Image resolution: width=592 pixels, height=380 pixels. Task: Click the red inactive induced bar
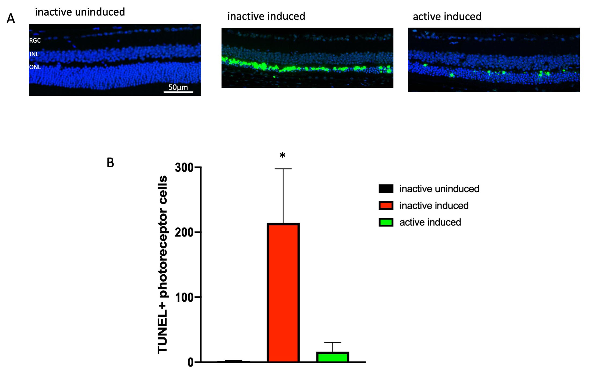tap(283, 292)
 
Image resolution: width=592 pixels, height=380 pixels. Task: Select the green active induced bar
tap(332, 357)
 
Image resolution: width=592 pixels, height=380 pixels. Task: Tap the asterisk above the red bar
tap(282, 155)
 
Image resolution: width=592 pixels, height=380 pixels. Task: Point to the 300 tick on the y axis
tap(184, 167)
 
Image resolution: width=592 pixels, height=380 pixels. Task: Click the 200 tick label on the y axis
tap(184, 232)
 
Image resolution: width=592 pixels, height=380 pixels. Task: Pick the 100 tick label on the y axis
tap(184, 297)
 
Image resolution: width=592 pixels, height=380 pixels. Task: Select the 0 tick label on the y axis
tap(190, 362)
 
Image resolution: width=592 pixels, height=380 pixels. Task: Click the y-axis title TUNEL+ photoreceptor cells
tap(163, 264)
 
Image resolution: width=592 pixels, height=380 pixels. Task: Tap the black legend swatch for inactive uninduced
tap(386, 189)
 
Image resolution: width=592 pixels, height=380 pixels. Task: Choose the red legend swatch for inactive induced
tap(386, 205)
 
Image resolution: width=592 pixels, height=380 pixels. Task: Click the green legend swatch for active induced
tap(386, 222)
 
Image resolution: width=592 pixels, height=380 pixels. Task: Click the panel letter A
tap(11, 19)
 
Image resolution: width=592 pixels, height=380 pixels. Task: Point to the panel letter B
tap(110, 163)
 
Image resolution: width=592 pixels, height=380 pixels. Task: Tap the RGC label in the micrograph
tap(35, 40)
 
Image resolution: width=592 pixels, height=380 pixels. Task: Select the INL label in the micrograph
tap(34, 54)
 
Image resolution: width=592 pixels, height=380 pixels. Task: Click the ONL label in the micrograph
tap(35, 67)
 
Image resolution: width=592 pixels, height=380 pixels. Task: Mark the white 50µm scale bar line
tap(178, 92)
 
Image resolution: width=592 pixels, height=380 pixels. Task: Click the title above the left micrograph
tap(80, 12)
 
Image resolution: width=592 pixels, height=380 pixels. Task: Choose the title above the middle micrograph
tap(266, 16)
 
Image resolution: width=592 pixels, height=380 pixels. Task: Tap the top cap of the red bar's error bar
tap(283, 169)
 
